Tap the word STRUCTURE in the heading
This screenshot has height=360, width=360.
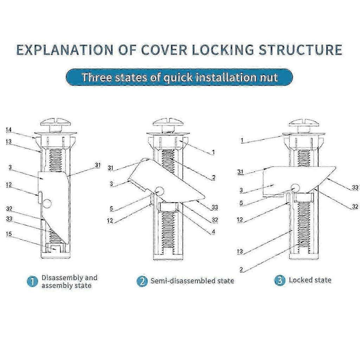[x=301, y=50]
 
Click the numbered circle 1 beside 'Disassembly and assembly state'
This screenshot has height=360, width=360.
[x=32, y=281]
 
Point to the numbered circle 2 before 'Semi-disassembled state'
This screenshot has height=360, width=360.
[x=142, y=281]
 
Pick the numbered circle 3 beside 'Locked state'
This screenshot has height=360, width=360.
[x=280, y=280]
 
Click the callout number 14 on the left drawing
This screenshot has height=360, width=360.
[x=9, y=130]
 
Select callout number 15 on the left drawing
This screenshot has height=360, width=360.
[x=9, y=234]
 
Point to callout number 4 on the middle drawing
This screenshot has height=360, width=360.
[x=213, y=232]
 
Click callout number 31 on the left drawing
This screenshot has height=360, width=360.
[x=98, y=165]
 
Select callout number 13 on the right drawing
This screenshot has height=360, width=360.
[x=240, y=251]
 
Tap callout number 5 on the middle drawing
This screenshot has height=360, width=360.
[x=111, y=208]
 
